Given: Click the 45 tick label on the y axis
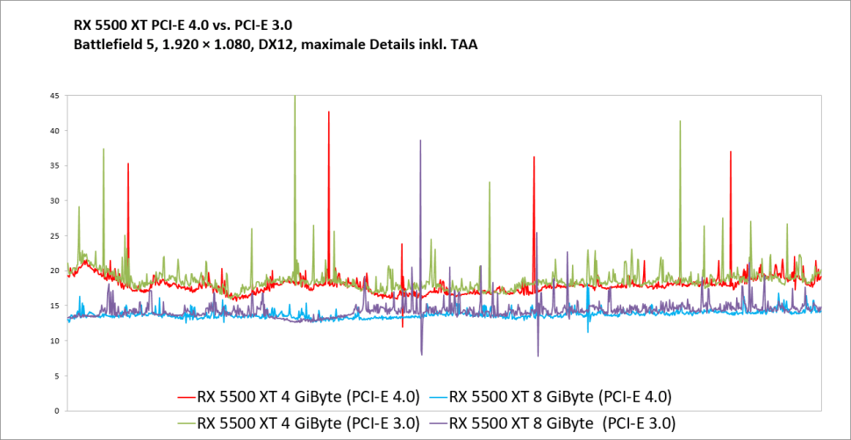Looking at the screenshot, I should coord(54,96).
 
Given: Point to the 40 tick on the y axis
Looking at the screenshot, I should coord(54,131).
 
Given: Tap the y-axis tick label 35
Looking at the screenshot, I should coord(54,166).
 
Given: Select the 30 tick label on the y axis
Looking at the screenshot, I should coord(54,201).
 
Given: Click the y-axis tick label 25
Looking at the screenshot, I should coord(54,235).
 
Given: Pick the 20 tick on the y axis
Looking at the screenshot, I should coord(54,270).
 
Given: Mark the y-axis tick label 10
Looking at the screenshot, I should coord(54,341).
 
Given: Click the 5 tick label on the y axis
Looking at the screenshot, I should coord(57,376).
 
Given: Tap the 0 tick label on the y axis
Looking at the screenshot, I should coord(57,411).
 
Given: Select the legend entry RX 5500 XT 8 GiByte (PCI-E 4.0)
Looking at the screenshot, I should coord(561,396).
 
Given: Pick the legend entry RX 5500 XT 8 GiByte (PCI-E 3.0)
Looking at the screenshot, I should coord(562,422).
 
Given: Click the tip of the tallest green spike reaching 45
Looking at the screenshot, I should coord(294,96).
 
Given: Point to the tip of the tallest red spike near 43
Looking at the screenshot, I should coord(329,112).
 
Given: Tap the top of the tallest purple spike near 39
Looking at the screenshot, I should coord(420,141).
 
